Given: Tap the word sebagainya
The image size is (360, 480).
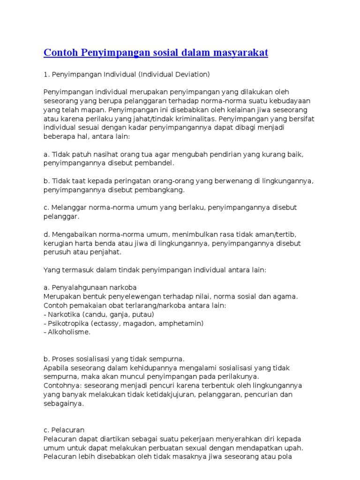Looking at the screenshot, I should [64, 404].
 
